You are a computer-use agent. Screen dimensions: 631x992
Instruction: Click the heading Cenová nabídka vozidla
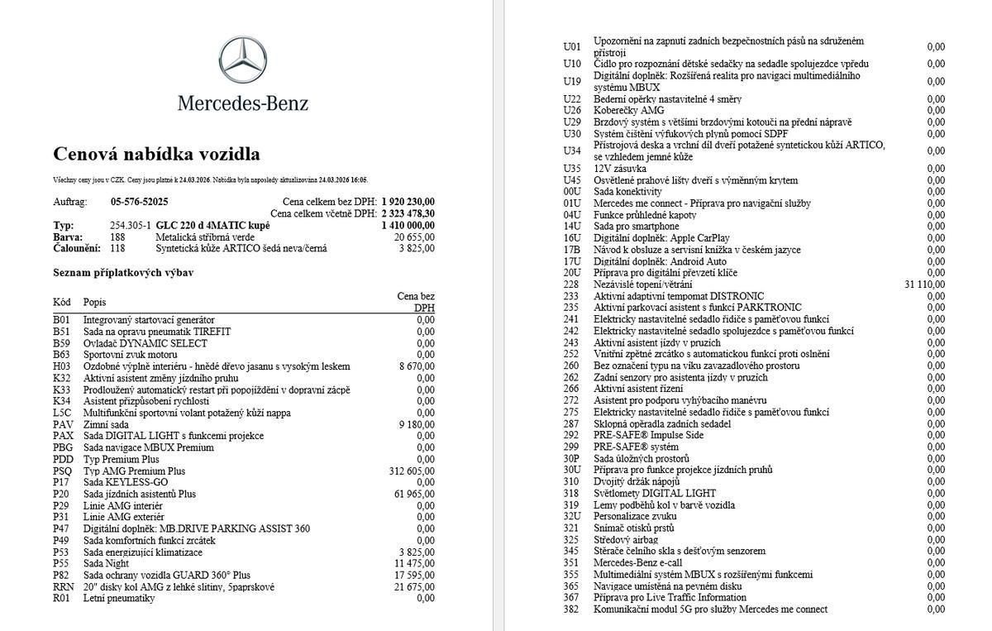click(156, 154)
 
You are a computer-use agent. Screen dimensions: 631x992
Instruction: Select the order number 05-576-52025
click(139, 202)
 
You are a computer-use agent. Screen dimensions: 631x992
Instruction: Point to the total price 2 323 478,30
click(408, 213)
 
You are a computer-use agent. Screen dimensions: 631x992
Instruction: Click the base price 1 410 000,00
click(408, 225)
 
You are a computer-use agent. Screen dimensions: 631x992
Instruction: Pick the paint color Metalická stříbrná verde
click(206, 237)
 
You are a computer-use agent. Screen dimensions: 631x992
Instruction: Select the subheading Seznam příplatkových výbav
click(124, 272)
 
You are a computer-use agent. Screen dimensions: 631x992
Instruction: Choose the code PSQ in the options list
click(63, 471)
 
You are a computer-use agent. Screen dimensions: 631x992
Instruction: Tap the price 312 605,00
click(412, 471)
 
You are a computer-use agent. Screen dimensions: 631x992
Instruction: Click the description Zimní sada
click(107, 424)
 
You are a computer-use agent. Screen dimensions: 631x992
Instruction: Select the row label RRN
click(64, 587)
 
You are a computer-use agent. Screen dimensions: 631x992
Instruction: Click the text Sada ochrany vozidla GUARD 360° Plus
click(167, 576)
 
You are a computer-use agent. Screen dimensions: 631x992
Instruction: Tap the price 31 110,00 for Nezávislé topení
click(925, 284)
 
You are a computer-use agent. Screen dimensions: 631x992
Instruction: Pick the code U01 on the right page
click(572, 46)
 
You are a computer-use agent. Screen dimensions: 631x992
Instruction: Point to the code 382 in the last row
click(570, 609)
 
